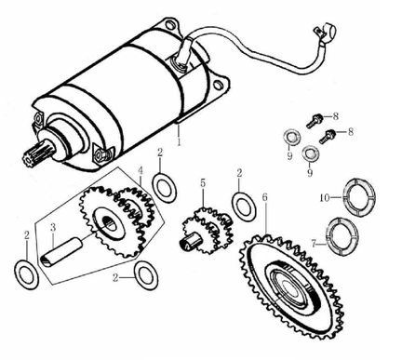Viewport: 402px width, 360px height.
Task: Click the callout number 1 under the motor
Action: point(179,142)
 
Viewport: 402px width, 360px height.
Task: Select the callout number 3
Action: point(53,228)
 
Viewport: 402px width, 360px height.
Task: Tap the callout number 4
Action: point(141,170)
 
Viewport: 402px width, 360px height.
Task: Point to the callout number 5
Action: point(203,183)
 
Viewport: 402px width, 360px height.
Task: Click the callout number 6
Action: point(265,197)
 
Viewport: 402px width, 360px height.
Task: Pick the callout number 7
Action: point(315,245)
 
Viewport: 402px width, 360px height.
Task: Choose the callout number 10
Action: point(325,197)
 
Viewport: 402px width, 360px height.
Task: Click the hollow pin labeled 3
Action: point(62,251)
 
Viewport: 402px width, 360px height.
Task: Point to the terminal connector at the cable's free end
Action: point(326,32)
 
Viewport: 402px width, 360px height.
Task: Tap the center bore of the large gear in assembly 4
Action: point(110,223)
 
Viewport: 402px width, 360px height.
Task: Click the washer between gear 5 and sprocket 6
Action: point(244,207)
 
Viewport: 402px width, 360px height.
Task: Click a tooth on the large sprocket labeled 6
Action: point(266,238)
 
